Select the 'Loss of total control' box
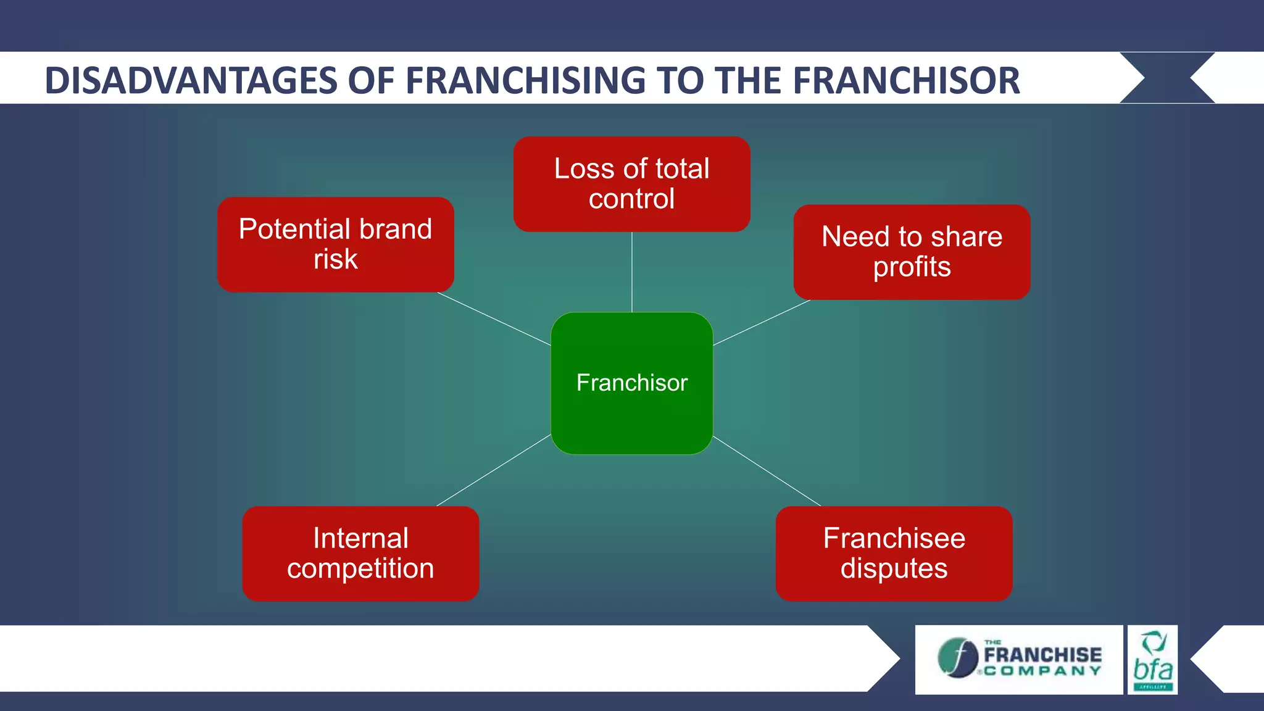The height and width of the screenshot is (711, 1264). (x=631, y=184)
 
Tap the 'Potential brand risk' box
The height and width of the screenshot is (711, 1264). (x=335, y=244)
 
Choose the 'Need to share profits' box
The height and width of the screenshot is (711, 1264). (x=912, y=252)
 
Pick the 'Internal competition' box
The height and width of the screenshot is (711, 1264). (x=360, y=553)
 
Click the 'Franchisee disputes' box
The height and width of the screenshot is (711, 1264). (x=894, y=553)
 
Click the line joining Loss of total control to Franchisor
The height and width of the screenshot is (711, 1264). (x=631, y=272)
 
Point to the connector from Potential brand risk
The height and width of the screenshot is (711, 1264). (x=494, y=318)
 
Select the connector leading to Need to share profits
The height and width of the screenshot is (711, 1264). (x=762, y=322)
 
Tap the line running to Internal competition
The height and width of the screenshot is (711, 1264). (x=494, y=470)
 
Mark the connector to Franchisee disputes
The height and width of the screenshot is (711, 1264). (x=767, y=471)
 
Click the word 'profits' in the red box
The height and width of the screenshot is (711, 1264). (x=912, y=267)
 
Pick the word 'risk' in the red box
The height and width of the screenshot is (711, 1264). (x=335, y=259)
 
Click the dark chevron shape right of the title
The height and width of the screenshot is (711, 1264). (x=1166, y=78)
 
